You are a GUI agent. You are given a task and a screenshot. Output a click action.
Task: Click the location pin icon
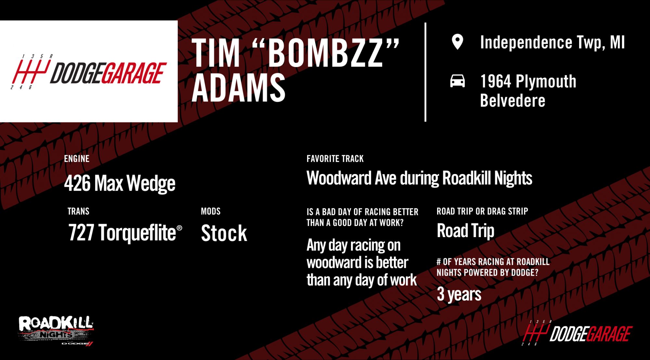457,42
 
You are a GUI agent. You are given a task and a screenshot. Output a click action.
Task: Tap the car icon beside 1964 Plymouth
457,81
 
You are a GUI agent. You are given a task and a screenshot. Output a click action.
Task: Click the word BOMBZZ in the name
326,53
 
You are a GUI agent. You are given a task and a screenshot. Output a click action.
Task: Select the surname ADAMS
239,87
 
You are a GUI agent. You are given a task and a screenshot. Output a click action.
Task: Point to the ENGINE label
77,159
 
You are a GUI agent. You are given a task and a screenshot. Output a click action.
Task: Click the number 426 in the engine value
77,183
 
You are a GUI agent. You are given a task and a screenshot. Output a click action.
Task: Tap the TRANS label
78,211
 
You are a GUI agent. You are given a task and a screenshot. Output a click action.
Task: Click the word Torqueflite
137,233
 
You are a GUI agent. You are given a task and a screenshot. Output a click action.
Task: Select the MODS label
211,211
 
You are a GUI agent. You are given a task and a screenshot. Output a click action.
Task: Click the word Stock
224,233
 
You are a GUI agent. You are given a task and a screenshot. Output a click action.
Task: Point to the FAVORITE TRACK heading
335,159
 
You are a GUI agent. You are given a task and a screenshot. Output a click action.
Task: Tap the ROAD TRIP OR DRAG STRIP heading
482,211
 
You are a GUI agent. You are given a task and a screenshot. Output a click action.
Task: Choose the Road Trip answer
465,231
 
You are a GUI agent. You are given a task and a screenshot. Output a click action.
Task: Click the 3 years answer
459,294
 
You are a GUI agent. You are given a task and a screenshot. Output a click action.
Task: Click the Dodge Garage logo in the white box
89,72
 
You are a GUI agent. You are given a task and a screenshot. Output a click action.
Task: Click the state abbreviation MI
617,42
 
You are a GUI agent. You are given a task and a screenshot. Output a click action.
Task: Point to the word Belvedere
513,100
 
